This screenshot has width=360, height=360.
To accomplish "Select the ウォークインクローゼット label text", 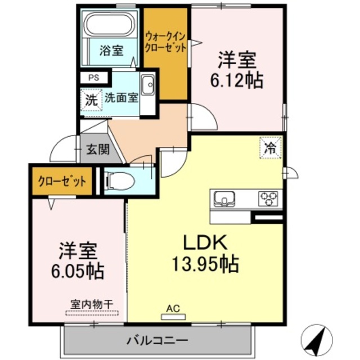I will [165, 43].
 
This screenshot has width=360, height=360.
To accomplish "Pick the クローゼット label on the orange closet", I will [62, 181].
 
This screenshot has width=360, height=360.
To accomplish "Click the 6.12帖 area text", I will [237, 80].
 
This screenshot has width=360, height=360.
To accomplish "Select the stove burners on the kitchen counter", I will [268, 199].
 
